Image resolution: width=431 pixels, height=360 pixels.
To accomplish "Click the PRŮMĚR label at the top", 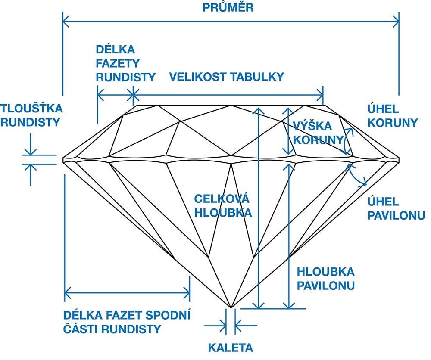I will click(x=228, y=7).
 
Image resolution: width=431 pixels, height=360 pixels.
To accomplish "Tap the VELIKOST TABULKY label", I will click(x=227, y=77).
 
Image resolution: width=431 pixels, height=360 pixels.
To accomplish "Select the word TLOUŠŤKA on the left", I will click(x=31, y=108).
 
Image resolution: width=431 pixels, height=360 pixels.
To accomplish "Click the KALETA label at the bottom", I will click(x=231, y=348).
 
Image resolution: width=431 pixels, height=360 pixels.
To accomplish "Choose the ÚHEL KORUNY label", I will click(x=392, y=115).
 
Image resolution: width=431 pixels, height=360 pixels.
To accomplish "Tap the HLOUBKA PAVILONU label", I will click(x=325, y=278).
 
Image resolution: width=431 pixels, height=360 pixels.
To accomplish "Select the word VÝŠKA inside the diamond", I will click(x=312, y=126).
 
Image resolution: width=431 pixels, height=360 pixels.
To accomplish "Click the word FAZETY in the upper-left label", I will click(x=118, y=63).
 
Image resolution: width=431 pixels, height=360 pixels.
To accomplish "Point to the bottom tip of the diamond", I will click(x=231, y=308).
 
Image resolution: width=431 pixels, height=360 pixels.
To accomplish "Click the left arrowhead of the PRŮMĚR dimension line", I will click(x=66, y=19).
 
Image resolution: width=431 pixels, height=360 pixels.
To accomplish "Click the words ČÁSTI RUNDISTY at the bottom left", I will click(x=112, y=329).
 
